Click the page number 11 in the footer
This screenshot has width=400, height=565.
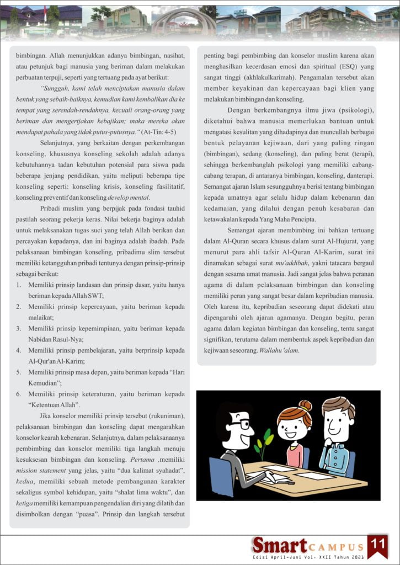tap(378, 543)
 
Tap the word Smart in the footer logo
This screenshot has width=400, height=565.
tap(279, 545)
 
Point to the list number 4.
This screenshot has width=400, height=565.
tap(18, 350)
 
